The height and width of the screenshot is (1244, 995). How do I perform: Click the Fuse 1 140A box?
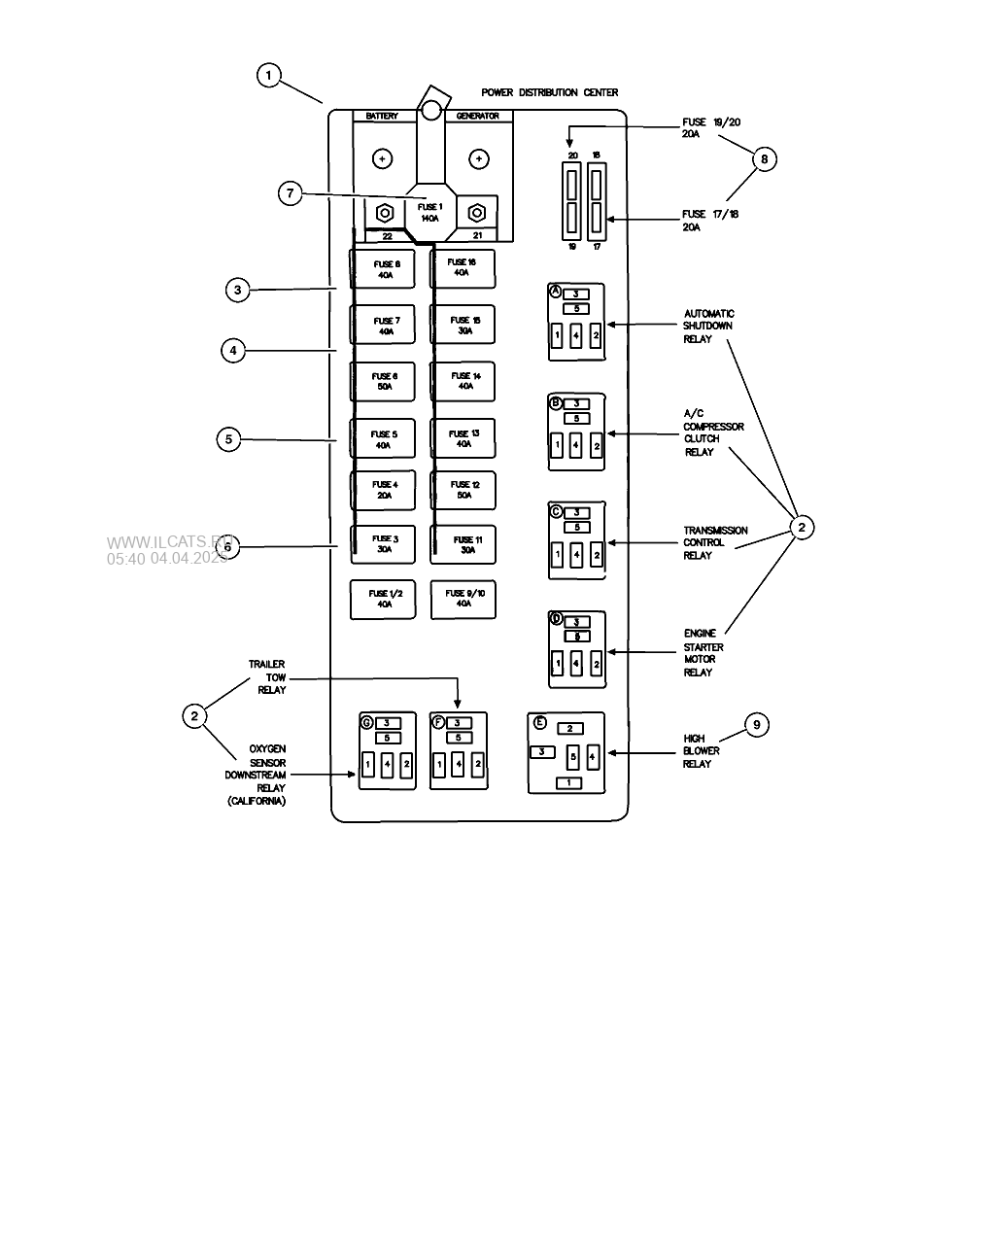[429, 212]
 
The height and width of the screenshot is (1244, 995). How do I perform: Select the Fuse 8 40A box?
[383, 269]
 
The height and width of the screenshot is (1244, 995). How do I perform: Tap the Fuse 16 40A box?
[463, 268]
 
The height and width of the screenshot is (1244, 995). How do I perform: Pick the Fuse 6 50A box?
[383, 381]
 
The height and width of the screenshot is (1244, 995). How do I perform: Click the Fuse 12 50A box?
[463, 490]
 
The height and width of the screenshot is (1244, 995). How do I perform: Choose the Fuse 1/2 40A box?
[383, 599]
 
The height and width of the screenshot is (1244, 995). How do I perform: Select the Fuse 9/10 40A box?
[463, 599]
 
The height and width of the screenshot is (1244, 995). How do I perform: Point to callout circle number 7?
[289, 193]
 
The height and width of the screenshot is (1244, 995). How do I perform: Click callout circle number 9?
[757, 724]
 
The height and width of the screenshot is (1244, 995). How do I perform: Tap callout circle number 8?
[765, 158]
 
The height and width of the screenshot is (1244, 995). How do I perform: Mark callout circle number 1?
[269, 75]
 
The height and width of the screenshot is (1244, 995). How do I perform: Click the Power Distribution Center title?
[549, 93]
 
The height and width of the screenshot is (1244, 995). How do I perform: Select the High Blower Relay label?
[702, 751]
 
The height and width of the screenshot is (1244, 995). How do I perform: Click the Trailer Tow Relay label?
[267, 677]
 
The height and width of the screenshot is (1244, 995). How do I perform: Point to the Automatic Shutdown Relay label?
[708, 327]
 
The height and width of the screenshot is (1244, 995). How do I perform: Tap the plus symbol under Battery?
[383, 158]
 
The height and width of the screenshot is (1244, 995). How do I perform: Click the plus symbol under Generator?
[478, 158]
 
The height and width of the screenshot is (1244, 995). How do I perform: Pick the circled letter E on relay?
[540, 724]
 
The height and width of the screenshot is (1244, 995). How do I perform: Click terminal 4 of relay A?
[576, 336]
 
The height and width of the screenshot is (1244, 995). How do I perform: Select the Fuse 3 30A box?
[383, 544]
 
